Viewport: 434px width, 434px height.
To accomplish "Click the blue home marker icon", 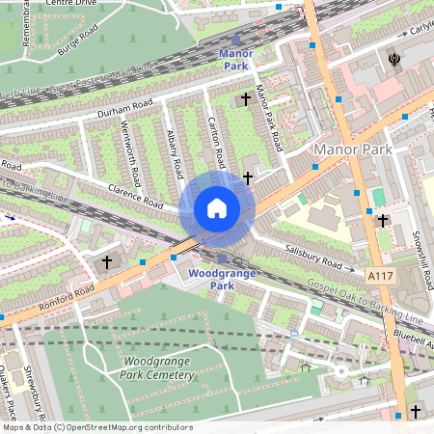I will click(x=217, y=207).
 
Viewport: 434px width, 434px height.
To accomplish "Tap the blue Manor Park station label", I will click(x=236, y=60).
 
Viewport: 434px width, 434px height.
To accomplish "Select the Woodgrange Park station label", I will click(x=223, y=280).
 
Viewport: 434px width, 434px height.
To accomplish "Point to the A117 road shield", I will click(x=381, y=276).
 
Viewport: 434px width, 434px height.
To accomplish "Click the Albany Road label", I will click(x=175, y=153).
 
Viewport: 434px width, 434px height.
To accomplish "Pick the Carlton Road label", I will click(x=216, y=142).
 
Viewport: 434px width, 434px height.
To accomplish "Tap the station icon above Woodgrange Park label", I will click(x=223, y=258).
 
